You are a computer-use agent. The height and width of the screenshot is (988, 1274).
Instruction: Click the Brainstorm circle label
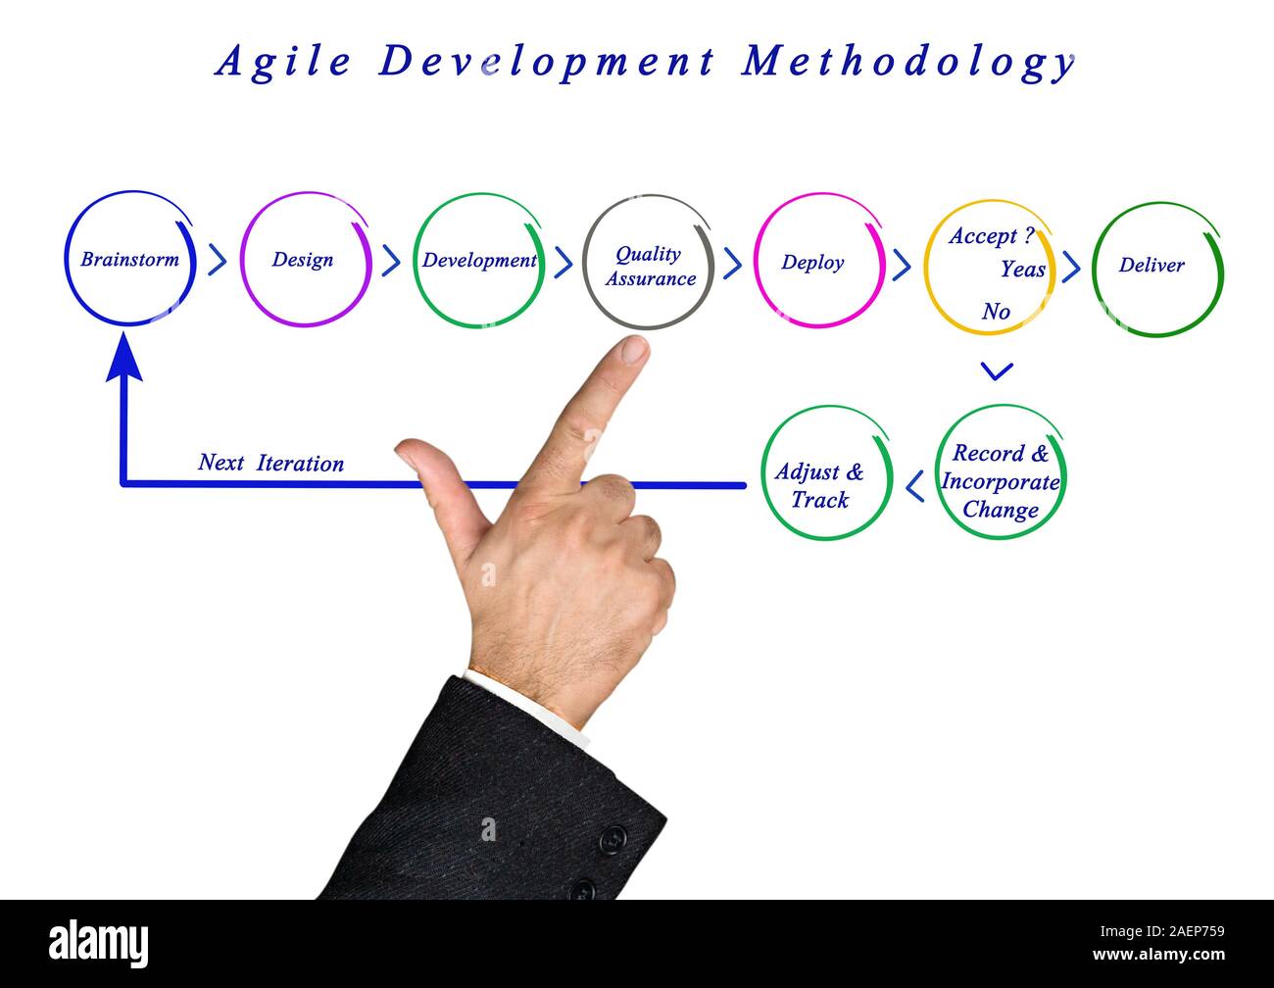[129, 260]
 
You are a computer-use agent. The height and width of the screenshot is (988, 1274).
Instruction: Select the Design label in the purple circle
[303, 260]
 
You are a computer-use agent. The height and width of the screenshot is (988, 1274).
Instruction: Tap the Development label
[479, 261]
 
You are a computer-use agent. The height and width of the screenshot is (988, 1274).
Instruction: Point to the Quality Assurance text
[650, 266]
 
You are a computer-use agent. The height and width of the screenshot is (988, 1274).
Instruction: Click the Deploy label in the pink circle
[812, 263]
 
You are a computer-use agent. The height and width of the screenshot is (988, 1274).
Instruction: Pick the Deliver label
[1151, 265]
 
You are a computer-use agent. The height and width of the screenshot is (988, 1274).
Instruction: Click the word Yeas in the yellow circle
[1022, 270]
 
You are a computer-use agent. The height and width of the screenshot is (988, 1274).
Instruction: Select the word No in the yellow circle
[996, 312]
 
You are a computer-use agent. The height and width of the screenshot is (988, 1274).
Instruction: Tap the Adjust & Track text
[820, 485]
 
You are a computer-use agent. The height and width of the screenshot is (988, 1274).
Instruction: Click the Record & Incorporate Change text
[1001, 481]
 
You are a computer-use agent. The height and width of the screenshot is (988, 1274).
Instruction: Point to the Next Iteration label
[270, 463]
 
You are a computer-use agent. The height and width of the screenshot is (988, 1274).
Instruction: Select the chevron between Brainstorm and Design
[218, 261]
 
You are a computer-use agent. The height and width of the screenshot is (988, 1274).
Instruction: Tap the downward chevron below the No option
[997, 371]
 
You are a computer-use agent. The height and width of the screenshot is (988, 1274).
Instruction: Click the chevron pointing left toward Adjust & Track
[914, 485]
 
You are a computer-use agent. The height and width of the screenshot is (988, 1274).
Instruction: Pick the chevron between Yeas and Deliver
[1071, 267]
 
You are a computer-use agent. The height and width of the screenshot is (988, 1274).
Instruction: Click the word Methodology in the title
[908, 62]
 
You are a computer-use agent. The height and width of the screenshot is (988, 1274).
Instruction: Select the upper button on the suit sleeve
[612, 838]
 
